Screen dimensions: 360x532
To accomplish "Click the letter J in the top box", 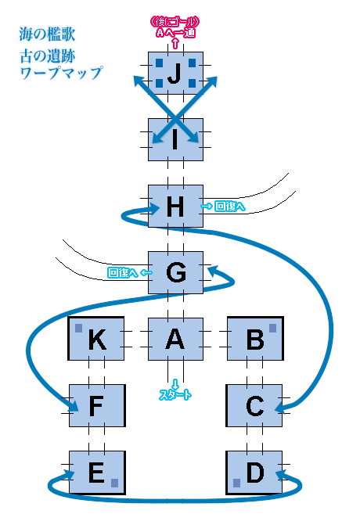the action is click(175, 74).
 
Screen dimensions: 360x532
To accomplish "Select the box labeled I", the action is click(176, 139).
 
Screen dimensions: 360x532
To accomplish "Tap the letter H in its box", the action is click(175, 207).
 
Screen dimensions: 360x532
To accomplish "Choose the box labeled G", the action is click(176, 272).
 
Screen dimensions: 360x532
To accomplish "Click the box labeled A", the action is click(176, 339).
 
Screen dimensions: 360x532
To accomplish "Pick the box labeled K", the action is click(96, 338).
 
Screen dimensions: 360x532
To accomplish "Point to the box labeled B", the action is click(255, 338).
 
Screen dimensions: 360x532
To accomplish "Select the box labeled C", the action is click(254, 405).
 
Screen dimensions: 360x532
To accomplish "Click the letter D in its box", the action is click(255, 472).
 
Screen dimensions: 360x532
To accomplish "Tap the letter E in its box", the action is click(96, 472).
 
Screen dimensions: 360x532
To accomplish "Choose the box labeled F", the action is click(97, 405).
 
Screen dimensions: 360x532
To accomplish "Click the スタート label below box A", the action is click(175, 394).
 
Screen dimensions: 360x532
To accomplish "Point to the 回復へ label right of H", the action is click(230, 206).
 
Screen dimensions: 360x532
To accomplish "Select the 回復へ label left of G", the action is click(123, 272).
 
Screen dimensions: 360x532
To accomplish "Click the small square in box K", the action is click(79, 328).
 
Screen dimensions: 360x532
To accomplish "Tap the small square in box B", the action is click(272, 328).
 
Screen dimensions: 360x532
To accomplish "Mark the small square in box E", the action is click(115, 483).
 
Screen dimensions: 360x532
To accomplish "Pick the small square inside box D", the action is click(237, 483).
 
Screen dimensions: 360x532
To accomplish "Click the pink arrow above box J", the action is click(175, 43).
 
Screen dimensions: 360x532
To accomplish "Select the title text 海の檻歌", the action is click(47, 34).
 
